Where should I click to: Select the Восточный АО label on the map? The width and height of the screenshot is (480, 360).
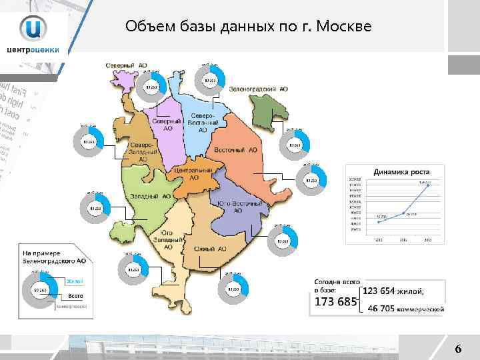235,150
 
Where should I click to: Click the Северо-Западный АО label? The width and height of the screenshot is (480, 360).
143,151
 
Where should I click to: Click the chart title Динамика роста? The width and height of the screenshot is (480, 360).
401,171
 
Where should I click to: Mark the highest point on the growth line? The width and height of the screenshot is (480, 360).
428,185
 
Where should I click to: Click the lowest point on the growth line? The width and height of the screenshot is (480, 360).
379,221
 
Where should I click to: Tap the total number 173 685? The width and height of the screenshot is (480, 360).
335,303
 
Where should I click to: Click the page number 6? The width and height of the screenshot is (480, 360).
457,348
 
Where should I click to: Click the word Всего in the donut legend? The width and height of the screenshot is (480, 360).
76,294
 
